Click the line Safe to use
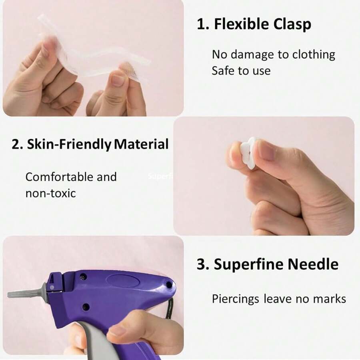(241, 71)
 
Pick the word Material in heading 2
(141, 144)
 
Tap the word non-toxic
(50, 194)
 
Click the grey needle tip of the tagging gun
(24, 294)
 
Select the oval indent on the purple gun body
(128, 279)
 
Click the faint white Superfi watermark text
(159, 176)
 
